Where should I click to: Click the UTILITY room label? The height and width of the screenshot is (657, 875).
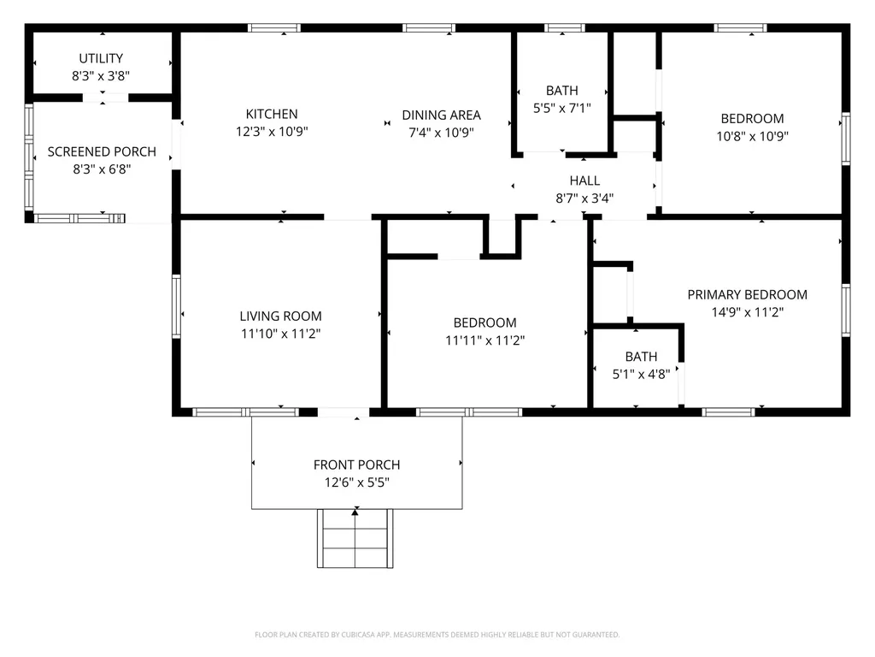coord(101,58)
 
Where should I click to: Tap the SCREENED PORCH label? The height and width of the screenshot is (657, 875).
coord(102,151)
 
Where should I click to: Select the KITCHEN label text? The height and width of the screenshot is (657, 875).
coord(272,114)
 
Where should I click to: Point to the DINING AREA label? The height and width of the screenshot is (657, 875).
coord(442,115)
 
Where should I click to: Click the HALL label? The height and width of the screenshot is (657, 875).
coord(584,181)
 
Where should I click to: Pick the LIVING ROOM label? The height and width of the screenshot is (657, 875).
coord(280,317)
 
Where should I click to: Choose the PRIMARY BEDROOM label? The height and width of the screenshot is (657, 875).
coord(747,294)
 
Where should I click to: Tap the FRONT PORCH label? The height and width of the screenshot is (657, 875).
coord(356,465)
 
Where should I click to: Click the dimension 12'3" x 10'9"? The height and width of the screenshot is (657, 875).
coord(272,131)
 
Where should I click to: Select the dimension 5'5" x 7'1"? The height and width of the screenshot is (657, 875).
coord(562,108)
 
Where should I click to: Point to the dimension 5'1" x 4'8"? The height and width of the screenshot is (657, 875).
coord(641,374)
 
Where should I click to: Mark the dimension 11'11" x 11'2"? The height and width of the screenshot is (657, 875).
coord(485,340)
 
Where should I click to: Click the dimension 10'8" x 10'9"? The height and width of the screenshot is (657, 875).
coord(752,136)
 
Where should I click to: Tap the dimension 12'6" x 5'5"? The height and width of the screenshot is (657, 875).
coord(356,482)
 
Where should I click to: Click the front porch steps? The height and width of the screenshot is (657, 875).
coord(355,539)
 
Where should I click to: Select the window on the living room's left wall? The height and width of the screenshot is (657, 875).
coord(176,306)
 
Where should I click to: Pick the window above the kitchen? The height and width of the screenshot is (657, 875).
coord(274,28)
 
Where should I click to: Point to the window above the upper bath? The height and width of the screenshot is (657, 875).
coord(565,28)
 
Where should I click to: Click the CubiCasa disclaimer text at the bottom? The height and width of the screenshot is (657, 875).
coord(437,635)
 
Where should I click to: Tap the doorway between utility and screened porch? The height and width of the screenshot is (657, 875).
coord(105,98)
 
